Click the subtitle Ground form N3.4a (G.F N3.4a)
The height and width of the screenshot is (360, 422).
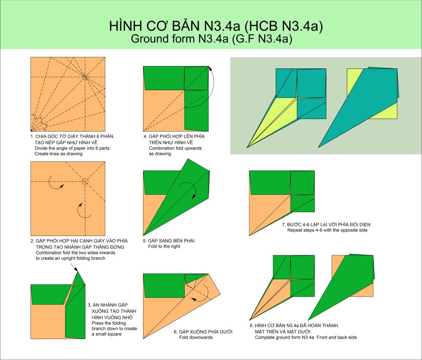(211, 39)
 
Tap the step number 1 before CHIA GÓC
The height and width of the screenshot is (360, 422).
(31, 136)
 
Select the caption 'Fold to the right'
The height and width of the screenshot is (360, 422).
(164, 246)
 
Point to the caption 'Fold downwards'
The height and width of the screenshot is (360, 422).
(196, 337)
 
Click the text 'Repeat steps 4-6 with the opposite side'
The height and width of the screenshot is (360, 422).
(327, 230)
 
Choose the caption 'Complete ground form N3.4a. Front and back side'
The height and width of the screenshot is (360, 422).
(306, 337)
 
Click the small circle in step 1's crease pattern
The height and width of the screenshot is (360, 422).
(85, 77)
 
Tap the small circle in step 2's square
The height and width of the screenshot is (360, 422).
(85, 181)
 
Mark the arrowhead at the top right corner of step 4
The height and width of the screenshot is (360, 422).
(210, 69)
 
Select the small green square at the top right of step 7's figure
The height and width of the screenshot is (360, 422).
(302, 183)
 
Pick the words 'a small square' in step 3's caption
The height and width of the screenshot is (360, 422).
(107, 334)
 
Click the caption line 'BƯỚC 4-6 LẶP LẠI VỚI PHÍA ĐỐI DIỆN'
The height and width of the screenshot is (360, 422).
(326, 224)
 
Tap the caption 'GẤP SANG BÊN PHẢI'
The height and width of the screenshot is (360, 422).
(169, 241)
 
